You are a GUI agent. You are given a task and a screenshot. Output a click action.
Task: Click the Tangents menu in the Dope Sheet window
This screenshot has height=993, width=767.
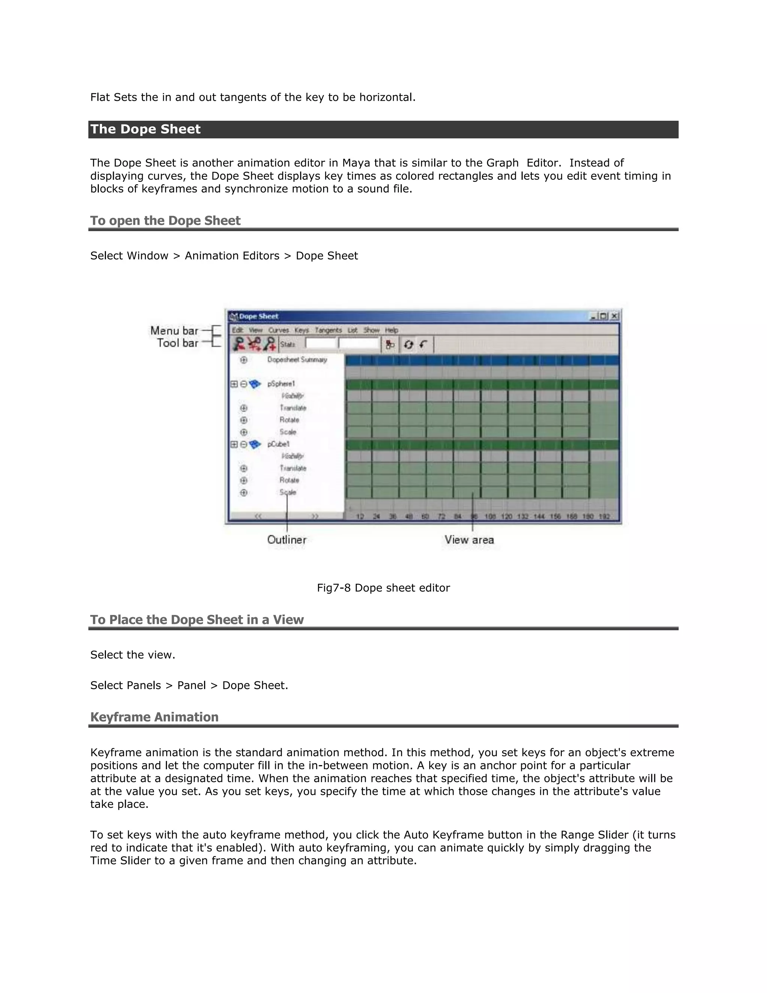point(328,330)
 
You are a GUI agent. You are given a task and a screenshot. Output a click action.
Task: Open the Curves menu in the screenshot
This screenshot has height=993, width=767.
point(278,330)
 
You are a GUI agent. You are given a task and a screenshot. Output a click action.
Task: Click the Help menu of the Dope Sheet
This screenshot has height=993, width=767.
point(391,330)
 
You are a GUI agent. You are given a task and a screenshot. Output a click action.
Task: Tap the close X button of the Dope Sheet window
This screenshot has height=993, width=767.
point(614,316)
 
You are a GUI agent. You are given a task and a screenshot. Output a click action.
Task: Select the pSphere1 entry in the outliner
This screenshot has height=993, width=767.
point(281,384)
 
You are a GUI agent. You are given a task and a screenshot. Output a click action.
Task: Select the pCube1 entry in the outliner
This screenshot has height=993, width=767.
point(278,444)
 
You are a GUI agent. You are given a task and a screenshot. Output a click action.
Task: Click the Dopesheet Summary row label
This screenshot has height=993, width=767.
point(297,360)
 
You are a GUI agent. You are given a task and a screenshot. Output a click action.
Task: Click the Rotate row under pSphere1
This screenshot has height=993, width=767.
point(289,420)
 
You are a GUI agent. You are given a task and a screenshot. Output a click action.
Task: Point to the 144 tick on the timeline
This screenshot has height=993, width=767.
point(539,516)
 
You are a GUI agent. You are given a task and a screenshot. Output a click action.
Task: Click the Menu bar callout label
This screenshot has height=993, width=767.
point(175,331)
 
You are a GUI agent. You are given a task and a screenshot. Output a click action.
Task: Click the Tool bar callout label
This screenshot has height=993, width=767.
point(178,343)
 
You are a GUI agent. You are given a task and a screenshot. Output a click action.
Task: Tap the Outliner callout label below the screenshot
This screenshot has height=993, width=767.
point(287,540)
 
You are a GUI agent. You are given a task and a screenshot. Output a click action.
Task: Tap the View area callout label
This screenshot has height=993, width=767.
point(469,540)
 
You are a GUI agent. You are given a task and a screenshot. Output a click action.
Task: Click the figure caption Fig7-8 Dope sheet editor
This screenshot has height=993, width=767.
point(383,588)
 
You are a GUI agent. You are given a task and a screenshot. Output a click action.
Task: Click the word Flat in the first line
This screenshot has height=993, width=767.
point(100,97)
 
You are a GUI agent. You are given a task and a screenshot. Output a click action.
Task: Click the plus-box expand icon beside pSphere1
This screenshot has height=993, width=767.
point(234,384)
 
